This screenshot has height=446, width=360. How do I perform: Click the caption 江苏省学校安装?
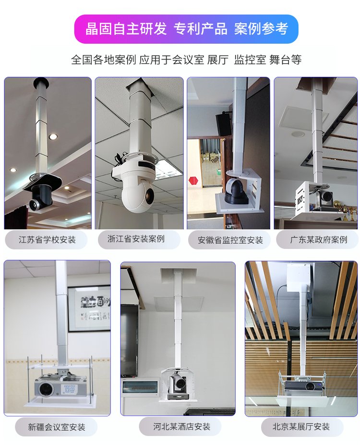point(47,240)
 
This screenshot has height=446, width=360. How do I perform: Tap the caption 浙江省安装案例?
point(136,239)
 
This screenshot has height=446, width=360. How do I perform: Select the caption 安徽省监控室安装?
point(230,240)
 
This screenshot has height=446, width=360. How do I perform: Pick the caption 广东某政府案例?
point(319,239)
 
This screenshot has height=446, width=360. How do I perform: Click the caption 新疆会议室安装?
point(57,427)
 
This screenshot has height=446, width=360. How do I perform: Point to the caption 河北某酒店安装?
point(181,426)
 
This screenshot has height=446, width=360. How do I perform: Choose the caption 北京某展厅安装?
point(301,426)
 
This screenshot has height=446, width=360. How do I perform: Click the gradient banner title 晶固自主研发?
point(126,28)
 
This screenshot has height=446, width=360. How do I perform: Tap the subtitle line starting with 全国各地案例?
point(186,60)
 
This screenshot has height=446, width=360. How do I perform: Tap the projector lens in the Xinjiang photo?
point(46,389)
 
